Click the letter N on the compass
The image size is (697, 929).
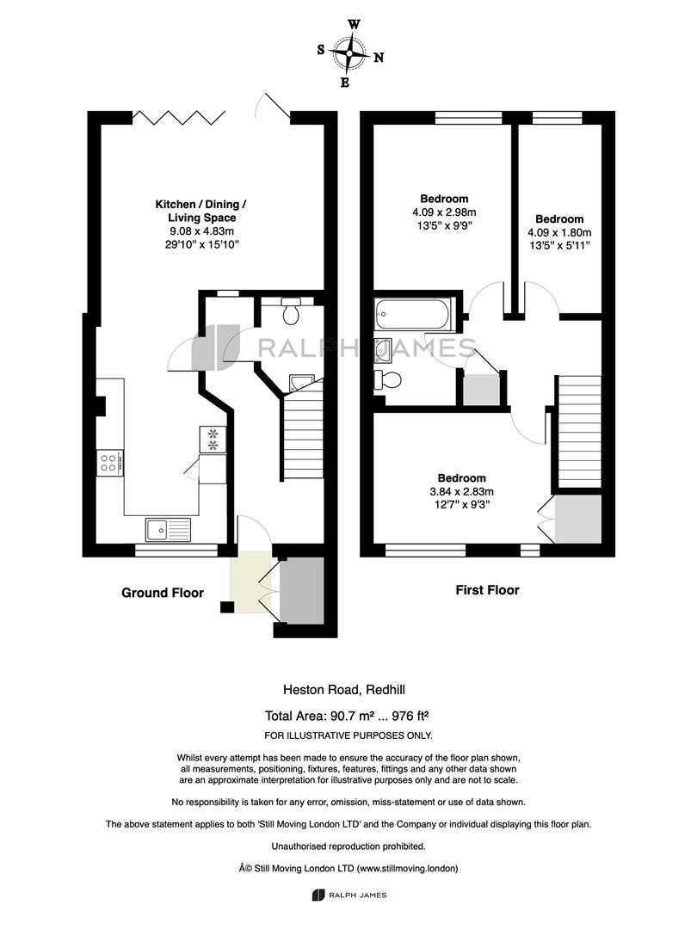379,58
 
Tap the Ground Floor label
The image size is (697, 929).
163,593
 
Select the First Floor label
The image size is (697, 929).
487,590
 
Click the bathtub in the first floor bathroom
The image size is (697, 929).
413,313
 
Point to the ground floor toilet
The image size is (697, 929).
291,311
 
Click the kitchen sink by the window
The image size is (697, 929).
169,529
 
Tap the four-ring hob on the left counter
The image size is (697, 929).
110,462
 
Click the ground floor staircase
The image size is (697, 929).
302,431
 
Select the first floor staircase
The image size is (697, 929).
578,433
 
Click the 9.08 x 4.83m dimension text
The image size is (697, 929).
201,231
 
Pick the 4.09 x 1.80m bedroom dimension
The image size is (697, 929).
559,233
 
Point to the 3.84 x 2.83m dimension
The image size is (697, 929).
462,491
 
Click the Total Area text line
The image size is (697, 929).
347,716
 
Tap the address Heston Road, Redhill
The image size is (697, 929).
344,690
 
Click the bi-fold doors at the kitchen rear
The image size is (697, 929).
179,117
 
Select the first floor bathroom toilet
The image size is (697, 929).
387,379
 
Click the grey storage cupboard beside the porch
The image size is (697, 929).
302,590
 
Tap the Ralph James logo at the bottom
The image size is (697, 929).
349,895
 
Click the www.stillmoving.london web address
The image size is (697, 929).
407,869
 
